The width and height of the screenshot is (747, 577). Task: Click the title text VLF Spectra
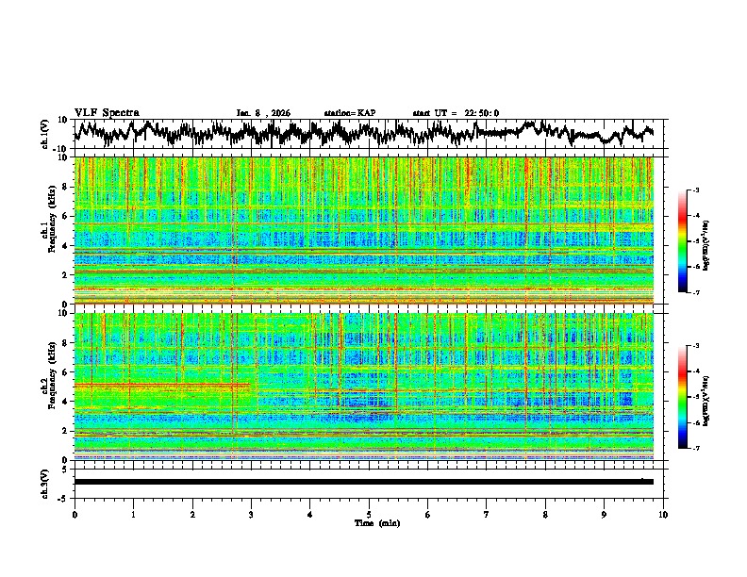[107, 113]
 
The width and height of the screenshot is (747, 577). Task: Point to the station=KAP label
[350, 113]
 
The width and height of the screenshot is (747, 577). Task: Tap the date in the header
[263, 113]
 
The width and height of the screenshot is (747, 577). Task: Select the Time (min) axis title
[369, 522]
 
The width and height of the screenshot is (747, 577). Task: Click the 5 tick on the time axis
[369, 514]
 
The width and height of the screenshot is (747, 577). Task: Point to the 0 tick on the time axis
[75, 514]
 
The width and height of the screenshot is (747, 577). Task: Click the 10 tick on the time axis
[663, 514]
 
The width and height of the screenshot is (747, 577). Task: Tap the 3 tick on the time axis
[251, 514]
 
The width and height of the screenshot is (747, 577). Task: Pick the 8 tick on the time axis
[545, 514]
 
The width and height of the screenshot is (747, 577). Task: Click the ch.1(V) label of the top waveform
[45, 134]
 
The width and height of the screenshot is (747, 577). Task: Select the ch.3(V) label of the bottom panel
[45, 481]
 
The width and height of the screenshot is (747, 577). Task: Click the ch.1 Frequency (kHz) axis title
[47, 230]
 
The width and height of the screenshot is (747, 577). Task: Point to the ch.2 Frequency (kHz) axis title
[47, 386]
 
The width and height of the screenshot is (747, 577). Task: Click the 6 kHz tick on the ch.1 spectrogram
[67, 216]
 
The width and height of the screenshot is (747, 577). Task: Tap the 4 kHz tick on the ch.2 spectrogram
[67, 401]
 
